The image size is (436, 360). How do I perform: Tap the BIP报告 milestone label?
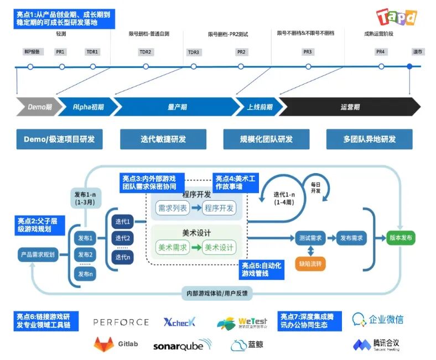[x=31, y=52]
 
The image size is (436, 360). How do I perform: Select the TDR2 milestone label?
[x=146, y=52]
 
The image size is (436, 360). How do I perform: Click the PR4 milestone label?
[x=380, y=52]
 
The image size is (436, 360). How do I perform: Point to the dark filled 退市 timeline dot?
[x=410, y=67]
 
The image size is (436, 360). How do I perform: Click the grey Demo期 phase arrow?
[x=36, y=107]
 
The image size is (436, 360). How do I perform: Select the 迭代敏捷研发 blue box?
[x=163, y=139]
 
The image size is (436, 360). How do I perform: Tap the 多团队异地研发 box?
[x=369, y=139]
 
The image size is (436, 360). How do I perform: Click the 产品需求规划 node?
[x=38, y=255]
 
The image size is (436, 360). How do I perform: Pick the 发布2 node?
[x=86, y=255]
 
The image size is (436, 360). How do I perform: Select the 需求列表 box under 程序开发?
[x=172, y=208]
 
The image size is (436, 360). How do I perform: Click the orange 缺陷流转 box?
[x=310, y=263]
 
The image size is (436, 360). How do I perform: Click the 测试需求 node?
[x=310, y=238]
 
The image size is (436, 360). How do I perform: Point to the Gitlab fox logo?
[x=103, y=345]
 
